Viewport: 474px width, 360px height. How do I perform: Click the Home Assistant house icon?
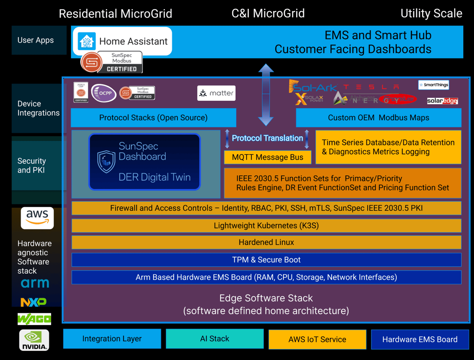coord(87,41)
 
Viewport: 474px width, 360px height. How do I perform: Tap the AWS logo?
coord(37,218)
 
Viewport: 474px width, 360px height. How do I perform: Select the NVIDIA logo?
coord(34,340)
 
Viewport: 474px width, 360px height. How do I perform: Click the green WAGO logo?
coord(34,319)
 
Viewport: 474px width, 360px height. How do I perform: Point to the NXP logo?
coord(33,302)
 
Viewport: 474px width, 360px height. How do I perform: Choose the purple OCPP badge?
coord(104,93)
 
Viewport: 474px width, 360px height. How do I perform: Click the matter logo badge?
coord(216,93)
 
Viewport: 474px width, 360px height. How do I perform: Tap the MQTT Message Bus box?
coord(268,157)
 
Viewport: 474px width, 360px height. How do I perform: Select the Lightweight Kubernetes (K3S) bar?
coord(266,226)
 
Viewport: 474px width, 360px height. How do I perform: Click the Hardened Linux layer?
coord(266,242)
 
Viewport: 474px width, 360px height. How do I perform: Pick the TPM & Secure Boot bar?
coord(266,260)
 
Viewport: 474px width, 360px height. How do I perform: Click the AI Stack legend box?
coord(214,339)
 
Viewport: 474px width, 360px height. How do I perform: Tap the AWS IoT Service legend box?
coord(317,339)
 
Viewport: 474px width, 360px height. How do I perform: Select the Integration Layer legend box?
coord(112,339)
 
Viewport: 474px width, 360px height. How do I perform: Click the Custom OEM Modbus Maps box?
coord(378,118)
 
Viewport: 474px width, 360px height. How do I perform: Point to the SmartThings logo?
coord(433,85)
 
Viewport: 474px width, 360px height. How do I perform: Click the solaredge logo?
coord(442,101)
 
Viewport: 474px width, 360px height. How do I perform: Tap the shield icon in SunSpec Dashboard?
coord(106,161)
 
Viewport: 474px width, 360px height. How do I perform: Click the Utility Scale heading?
coord(431,14)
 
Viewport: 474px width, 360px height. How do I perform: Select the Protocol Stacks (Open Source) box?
coord(153,118)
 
